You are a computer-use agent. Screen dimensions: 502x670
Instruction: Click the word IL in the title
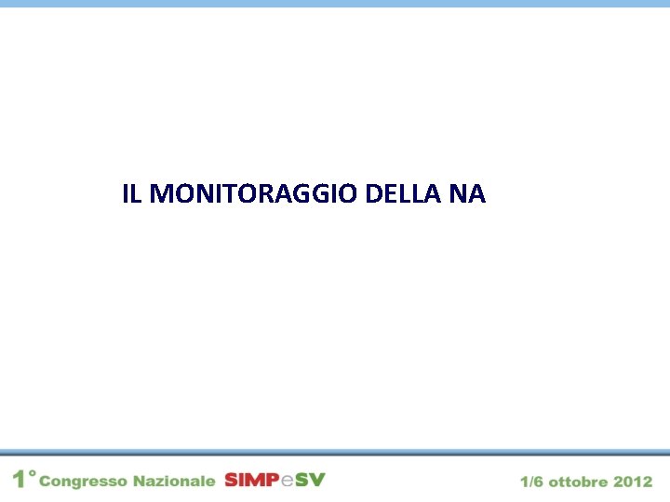131,194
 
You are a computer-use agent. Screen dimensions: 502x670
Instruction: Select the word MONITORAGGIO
253,194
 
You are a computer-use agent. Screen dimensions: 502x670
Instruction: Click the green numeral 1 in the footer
19,480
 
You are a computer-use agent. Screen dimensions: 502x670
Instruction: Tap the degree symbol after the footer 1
32,474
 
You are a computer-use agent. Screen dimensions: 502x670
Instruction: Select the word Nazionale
174,481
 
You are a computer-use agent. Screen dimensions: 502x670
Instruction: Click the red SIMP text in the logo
251,480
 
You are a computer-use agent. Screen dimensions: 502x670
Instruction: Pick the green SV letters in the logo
311,480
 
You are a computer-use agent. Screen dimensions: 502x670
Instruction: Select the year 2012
633,482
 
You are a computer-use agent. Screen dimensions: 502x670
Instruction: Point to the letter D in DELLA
373,194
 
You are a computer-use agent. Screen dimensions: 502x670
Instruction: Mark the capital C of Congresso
47,482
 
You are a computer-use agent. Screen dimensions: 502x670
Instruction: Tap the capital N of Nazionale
139,481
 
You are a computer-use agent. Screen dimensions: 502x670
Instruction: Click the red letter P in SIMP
272,480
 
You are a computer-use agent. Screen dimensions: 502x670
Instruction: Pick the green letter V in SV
318,480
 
